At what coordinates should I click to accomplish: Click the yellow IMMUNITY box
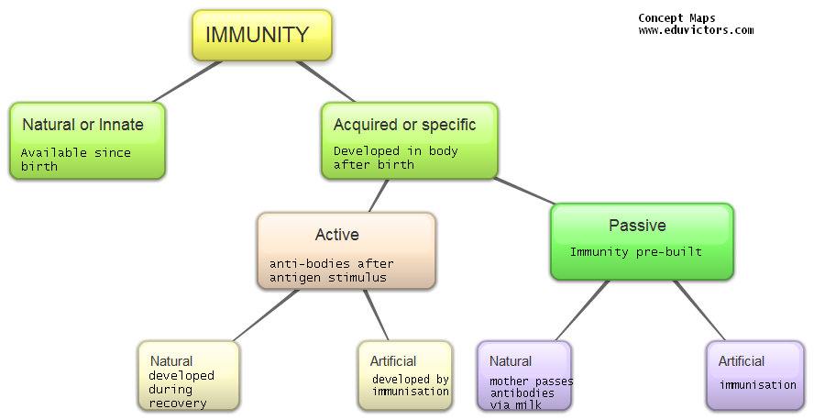[x=261, y=36]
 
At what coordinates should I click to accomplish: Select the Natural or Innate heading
[x=82, y=125]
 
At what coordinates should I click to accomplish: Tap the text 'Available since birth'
[x=76, y=160]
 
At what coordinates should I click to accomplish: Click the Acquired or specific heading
[x=403, y=125]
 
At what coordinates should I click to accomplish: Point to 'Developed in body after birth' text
[x=395, y=158]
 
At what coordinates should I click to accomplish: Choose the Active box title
[x=336, y=235]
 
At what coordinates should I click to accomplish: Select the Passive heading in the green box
[x=637, y=226]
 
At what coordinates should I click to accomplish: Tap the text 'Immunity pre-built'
[x=635, y=252]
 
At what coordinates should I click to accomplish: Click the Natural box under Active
[x=188, y=375]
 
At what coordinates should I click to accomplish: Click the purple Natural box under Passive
[x=523, y=375]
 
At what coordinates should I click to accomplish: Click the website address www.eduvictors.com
[x=696, y=30]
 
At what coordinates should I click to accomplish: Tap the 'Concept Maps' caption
[x=676, y=18]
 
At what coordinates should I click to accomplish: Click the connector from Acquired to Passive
[x=526, y=190]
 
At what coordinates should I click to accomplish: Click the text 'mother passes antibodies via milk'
[x=522, y=392]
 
